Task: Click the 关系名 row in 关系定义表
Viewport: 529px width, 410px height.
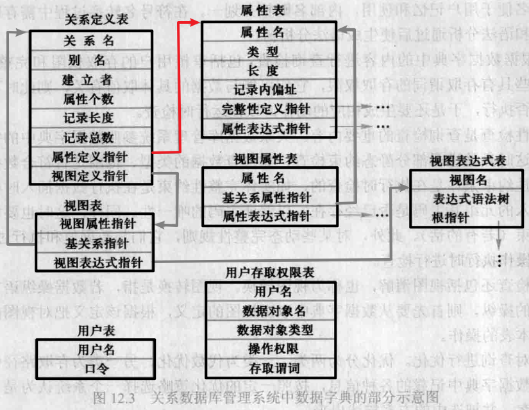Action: (x=89, y=40)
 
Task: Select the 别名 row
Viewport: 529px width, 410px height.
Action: (x=89, y=60)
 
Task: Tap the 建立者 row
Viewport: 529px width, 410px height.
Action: (x=89, y=80)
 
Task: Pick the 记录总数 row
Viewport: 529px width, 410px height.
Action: (x=89, y=137)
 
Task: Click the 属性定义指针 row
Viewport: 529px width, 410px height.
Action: (x=89, y=156)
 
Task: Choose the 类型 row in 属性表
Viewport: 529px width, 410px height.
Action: (x=262, y=51)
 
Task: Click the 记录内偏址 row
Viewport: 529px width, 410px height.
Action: (x=262, y=89)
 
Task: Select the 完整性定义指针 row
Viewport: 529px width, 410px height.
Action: (x=262, y=108)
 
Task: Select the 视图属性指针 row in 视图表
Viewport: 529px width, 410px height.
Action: (x=97, y=224)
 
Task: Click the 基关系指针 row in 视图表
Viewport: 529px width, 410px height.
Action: (x=97, y=243)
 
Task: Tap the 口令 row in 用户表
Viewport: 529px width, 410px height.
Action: (x=96, y=369)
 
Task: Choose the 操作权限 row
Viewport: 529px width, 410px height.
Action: (x=274, y=349)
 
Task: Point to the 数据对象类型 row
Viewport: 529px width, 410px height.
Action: (x=274, y=330)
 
